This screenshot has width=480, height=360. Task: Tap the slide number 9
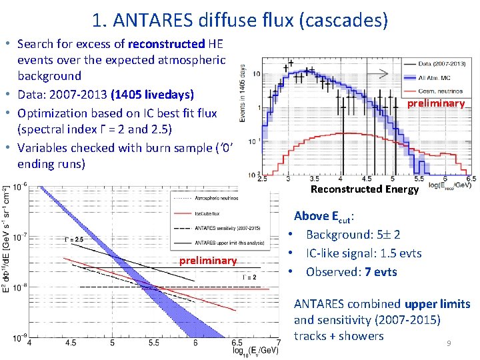click(x=449, y=343)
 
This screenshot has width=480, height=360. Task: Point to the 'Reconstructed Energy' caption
click(x=365, y=189)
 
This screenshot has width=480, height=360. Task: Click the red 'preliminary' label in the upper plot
click(x=436, y=103)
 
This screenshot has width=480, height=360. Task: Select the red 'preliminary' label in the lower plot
click(x=208, y=261)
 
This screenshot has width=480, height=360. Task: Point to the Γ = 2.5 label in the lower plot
click(x=75, y=239)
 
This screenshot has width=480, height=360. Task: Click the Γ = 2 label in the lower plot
click(x=249, y=277)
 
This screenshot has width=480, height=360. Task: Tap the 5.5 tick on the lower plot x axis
click(x=153, y=343)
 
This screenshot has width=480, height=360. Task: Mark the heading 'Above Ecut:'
click(x=324, y=215)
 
